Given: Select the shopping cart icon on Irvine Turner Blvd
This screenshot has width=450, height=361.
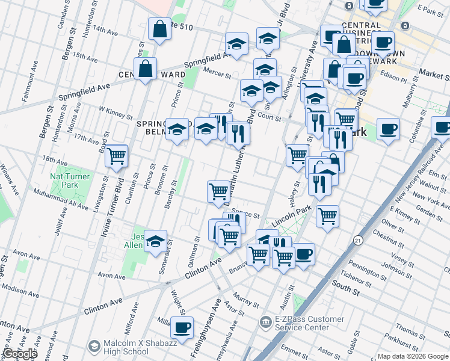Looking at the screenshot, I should coord(116,156).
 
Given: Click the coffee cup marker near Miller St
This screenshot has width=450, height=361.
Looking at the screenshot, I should coord(182,328).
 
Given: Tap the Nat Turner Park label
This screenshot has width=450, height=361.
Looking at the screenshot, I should coord(65,181).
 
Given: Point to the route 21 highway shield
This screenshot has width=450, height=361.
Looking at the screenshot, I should coord(357,239).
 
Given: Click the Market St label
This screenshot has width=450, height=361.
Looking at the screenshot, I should coord(434,75).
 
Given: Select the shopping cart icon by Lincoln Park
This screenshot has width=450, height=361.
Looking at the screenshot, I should coord(327,215).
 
